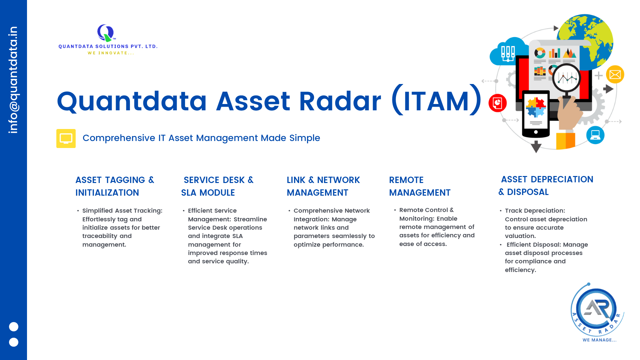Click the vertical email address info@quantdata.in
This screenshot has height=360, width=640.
(13, 80)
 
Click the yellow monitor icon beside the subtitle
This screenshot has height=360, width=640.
(66, 138)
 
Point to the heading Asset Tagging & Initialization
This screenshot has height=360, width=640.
(115, 186)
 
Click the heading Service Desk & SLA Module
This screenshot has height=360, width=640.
(217, 186)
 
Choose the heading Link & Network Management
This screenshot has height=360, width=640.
(323, 186)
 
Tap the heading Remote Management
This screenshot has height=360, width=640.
(420, 186)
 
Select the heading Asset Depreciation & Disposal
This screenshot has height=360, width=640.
(546, 186)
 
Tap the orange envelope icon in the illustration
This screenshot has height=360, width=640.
(615, 74)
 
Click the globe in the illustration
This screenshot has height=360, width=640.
(587, 40)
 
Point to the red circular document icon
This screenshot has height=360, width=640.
(498, 103)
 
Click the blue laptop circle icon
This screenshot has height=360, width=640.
(595, 135)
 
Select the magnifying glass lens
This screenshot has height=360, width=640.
(567, 78)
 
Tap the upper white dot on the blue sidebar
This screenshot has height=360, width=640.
(14, 327)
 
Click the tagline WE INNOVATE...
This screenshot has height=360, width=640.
(111, 53)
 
